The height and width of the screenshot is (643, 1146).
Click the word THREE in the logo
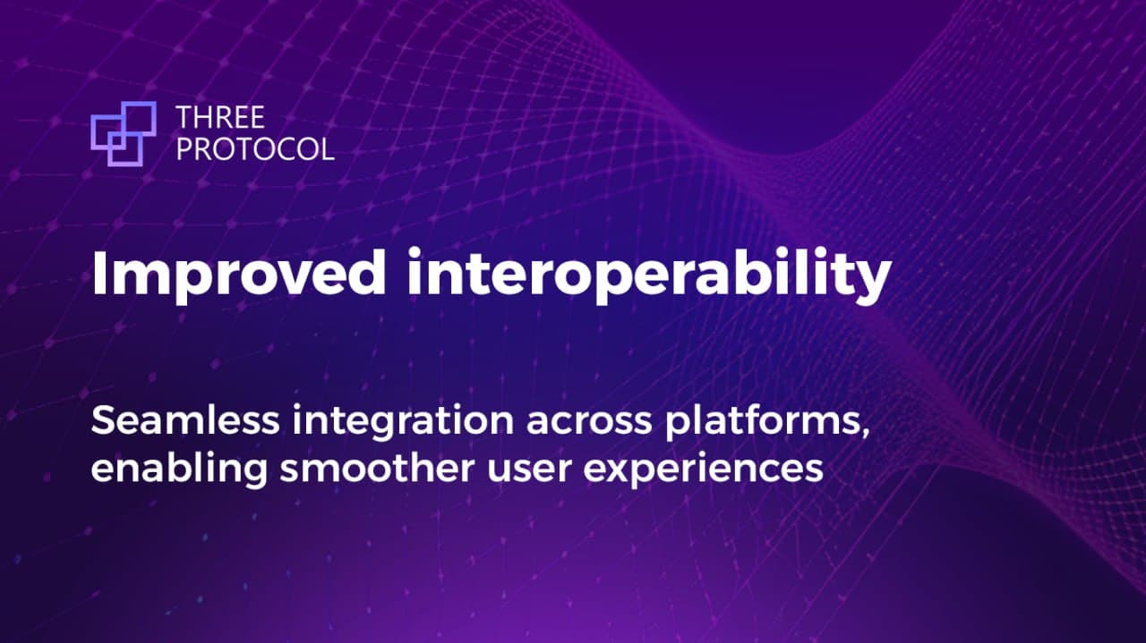pyautogui.click(x=220, y=117)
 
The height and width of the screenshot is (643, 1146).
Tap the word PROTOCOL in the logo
pyautogui.click(x=255, y=148)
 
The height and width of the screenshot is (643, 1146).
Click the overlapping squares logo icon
pyautogui.click(x=124, y=134)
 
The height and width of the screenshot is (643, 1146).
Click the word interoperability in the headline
pyautogui.click(x=650, y=275)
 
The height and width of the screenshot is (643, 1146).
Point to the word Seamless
pyautogui.click(x=185, y=420)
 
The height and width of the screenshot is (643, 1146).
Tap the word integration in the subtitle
pyautogui.click(x=403, y=422)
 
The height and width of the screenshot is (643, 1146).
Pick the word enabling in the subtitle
pyautogui.click(x=179, y=469)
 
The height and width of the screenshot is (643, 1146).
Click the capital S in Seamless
pyautogui.click(x=102, y=420)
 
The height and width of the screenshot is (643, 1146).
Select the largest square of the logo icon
pyautogui.click(x=139, y=119)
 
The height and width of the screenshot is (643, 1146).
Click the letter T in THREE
pyautogui.click(x=184, y=117)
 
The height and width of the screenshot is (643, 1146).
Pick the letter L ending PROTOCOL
pyautogui.click(x=329, y=148)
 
